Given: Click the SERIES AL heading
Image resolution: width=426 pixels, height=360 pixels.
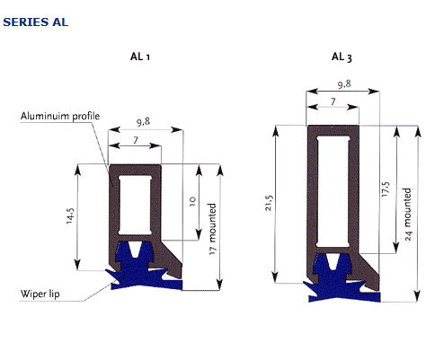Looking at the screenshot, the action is [x=36, y=22].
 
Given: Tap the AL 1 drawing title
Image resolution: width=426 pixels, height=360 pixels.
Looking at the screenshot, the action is [x=140, y=57].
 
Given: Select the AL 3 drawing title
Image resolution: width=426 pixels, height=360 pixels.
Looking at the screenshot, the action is [x=342, y=57].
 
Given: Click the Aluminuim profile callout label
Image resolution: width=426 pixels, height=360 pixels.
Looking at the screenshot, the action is [x=60, y=116].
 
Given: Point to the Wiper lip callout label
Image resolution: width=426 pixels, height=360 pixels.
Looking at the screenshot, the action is [x=40, y=294].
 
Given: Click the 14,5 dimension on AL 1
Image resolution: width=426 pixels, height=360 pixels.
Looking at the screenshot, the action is [x=70, y=215].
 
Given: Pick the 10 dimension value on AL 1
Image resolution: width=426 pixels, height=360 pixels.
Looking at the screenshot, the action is [x=192, y=201].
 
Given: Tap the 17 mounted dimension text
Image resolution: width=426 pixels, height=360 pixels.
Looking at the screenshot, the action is [x=212, y=229].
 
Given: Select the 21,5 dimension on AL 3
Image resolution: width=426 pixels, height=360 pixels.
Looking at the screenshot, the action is [x=269, y=203].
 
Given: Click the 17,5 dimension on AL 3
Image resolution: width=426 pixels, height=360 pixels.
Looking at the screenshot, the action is [x=386, y=189].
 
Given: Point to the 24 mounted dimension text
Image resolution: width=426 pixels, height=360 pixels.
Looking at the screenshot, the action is [x=408, y=215].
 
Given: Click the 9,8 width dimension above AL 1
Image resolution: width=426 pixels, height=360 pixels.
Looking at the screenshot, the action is [x=143, y=122].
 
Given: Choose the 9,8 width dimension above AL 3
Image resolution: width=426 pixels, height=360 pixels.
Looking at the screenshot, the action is [x=344, y=84].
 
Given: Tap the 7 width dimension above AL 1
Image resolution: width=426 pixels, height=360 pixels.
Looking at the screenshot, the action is [x=136, y=140].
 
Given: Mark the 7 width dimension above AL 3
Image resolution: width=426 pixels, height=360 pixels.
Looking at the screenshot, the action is [x=333, y=101].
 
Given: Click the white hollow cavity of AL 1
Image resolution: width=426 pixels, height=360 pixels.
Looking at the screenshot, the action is [x=135, y=205].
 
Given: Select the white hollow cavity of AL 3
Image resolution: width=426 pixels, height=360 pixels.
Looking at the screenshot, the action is [x=333, y=192].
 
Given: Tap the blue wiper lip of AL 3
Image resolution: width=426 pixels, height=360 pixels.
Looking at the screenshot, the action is [x=335, y=281].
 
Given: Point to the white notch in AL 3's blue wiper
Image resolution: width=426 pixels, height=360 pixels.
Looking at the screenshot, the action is [x=331, y=261].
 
